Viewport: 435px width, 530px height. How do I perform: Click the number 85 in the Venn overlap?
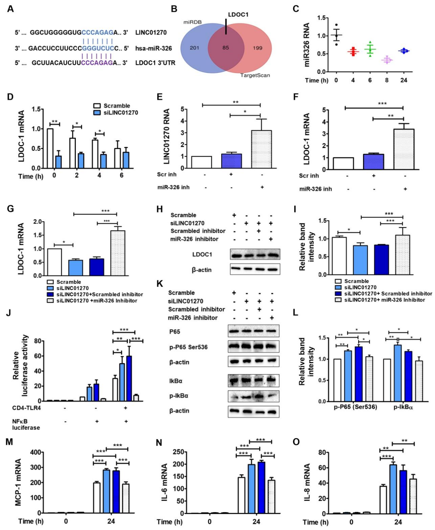click(x=226, y=48)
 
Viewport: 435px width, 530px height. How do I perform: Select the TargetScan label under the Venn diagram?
click(x=255, y=75)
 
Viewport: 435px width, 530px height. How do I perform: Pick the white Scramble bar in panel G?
click(x=54, y=262)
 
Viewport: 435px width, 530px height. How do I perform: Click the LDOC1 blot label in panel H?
click(x=202, y=254)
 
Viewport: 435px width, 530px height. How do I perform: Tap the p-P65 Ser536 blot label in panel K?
click(x=188, y=347)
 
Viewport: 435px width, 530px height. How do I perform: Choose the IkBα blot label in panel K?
click(x=176, y=381)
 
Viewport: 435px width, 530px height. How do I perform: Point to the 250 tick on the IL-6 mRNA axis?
click(x=178, y=452)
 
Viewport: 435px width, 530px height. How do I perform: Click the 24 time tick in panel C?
click(x=403, y=80)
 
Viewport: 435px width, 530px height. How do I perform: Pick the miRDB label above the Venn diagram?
click(x=193, y=22)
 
